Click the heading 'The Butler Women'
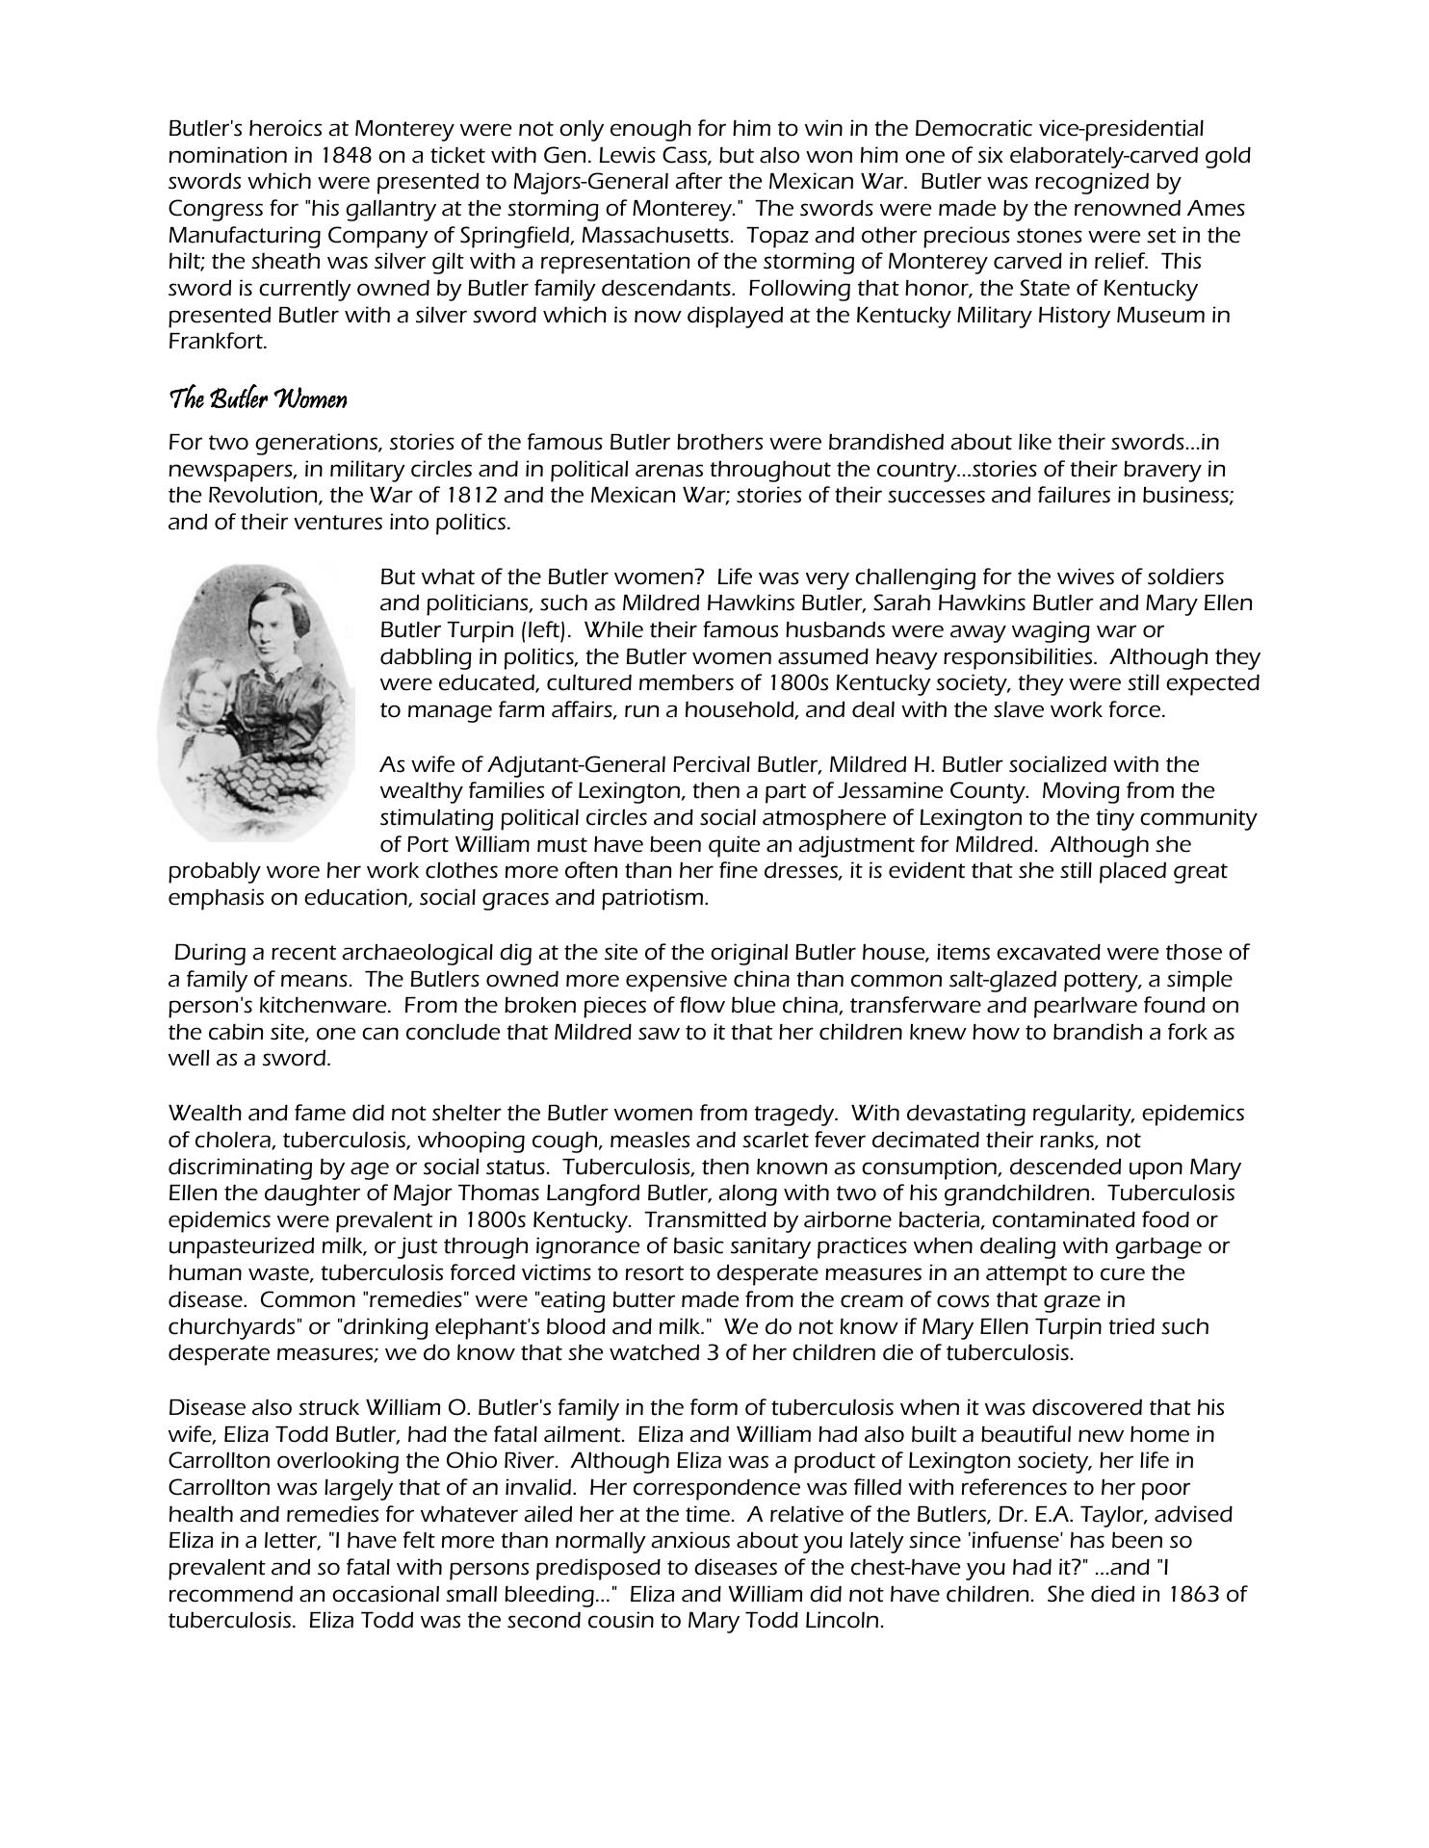(257, 399)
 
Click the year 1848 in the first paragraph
(344, 155)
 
